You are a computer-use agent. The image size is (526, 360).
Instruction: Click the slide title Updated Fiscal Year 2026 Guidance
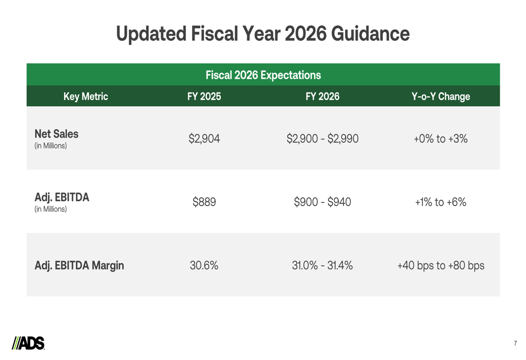[262, 34]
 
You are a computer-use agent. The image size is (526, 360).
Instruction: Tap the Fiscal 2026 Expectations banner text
[263, 75]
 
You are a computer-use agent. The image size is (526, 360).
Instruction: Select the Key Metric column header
[86, 97]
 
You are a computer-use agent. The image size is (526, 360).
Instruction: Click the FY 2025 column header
[204, 97]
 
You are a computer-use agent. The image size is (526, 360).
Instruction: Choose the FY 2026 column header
[322, 97]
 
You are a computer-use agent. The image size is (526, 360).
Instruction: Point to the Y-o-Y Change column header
[441, 97]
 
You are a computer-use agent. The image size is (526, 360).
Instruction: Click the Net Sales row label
[56, 133]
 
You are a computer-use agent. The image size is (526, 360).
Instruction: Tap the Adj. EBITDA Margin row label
[79, 265]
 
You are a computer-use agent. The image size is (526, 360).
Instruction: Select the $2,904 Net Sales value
[204, 139]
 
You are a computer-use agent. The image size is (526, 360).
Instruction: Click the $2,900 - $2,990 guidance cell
[322, 139]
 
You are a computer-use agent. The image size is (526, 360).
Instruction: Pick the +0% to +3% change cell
[441, 139]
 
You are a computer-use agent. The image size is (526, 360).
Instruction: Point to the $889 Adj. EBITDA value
[204, 202]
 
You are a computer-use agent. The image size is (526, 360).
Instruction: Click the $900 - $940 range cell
[322, 202]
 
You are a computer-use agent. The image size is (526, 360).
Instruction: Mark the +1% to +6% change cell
[441, 202]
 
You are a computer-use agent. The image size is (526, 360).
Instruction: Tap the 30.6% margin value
[204, 265]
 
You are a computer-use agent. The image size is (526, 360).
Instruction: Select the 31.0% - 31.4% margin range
[322, 265]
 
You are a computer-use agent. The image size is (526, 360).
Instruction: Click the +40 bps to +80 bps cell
[441, 265]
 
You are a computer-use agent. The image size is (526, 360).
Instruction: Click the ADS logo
[28, 343]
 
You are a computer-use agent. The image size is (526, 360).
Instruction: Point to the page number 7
[515, 344]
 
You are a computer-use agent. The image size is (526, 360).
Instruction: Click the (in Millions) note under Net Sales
[50, 146]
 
